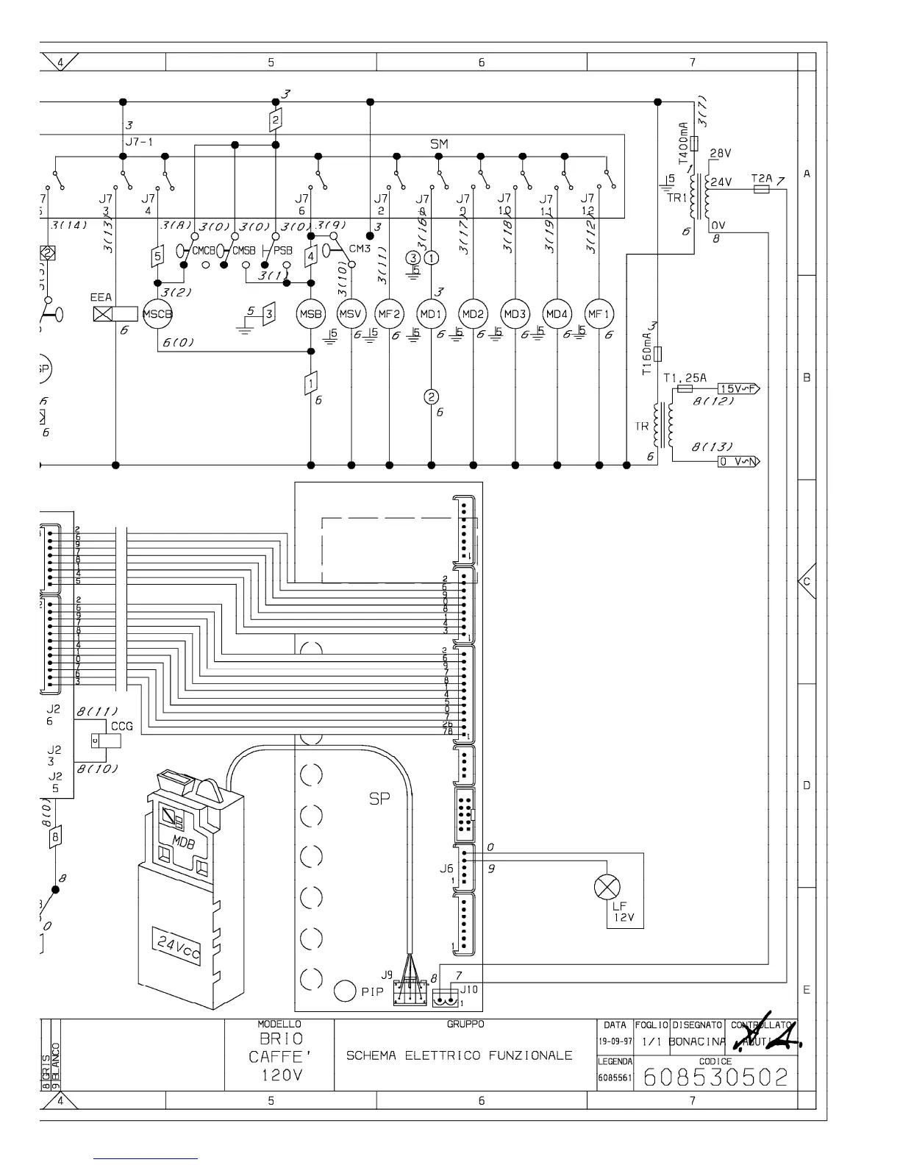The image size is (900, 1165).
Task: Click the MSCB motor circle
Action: (x=157, y=314)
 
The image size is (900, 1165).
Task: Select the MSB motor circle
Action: (x=310, y=314)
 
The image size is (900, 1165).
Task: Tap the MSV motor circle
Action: (x=351, y=314)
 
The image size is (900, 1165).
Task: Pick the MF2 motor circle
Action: (x=389, y=314)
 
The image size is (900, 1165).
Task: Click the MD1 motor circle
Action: (x=431, y=314)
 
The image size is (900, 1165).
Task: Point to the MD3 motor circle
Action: (x=515, y=314)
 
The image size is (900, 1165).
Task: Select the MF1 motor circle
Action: (x=599, y=314)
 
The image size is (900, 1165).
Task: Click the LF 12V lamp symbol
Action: (x=607, y=888)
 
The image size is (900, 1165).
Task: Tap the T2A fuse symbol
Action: (x=762, y=189)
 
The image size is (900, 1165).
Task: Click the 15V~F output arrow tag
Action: (x=737, y=388)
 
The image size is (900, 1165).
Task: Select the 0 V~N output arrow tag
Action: (x=738, y=461)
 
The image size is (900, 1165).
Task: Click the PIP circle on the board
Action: (x=346, y=991)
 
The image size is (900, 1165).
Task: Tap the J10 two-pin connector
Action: (x=443, y=999)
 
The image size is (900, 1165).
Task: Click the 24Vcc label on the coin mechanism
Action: (x=176, y=944)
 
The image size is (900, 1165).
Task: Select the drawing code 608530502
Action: (x=715, y=1077)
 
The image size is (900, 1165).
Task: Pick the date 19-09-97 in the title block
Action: (x=614, y=1042)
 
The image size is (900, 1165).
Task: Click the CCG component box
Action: (x=106, y=741)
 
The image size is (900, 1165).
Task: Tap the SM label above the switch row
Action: (x=439, y=145)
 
